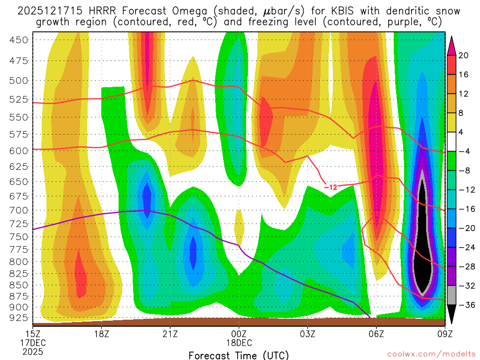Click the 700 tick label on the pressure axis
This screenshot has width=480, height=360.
click(x=19, y=210)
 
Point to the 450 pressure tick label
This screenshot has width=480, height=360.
click(x=19, y=40)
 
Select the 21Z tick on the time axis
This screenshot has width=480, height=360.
click(x=170, y=334)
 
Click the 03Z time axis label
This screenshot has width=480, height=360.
click(x=307, y=334)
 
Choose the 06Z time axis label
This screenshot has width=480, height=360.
click(x=376, y=334)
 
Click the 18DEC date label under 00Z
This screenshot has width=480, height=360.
click(x=239, y=343)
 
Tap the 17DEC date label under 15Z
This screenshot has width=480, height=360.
click(x=33, y=343)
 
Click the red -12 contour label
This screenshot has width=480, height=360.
click(x=330, y=187)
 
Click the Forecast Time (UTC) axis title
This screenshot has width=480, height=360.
click(x=239, y=355)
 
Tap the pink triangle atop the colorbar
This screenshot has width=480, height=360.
click(x=452, y=45)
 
